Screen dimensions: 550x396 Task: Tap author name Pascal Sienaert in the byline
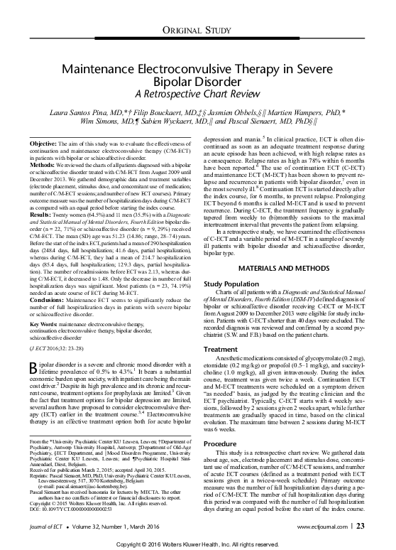[282, 122]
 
